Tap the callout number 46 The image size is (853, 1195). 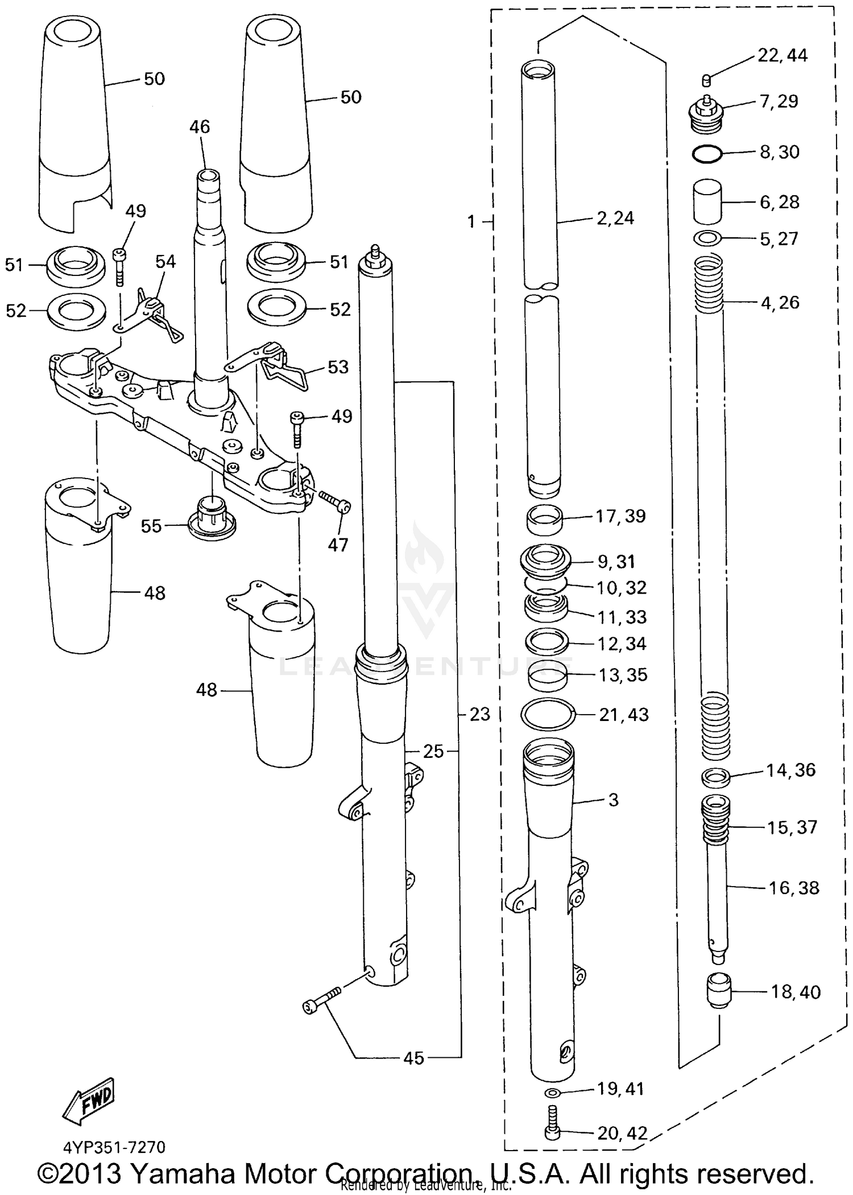pos(200,126)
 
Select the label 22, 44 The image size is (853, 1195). pos(782,56)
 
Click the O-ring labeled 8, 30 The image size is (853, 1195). pos(707,153)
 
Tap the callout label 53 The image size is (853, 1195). pos(338,367)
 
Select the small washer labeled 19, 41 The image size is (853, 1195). pos(552,1093)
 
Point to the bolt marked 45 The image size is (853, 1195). pos(321,1003)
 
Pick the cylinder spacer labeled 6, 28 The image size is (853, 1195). pos(707,202)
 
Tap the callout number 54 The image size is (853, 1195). pos(165,262)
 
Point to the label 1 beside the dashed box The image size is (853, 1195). pos(471,221)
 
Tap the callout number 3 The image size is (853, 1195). pos(612,800)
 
